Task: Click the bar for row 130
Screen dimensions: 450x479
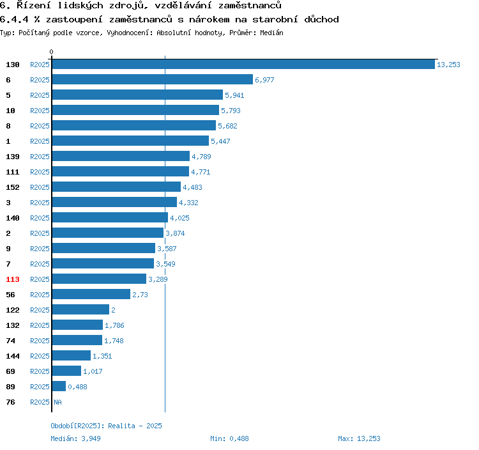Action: [x=243, y=65]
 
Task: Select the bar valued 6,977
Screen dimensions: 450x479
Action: [x=153, y=80]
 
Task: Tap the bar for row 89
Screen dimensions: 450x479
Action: [x=59, y=387]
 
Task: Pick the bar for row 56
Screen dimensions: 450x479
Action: [x=91, y=295]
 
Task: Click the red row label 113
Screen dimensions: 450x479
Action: [x=13, y=279]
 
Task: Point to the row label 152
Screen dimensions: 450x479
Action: [x=13, y=187]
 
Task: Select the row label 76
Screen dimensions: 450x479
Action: [x=10, y=402]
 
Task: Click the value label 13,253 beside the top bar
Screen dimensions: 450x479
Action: [x=448, y=65]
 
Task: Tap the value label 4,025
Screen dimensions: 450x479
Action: [x=179, y=218]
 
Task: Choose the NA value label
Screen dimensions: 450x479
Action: [x=57, y=402]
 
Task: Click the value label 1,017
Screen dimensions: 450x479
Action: [x=93, y=371]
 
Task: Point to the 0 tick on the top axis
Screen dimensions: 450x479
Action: [x=52, y=52]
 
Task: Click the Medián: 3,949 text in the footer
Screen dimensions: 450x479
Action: [x=75, y=438]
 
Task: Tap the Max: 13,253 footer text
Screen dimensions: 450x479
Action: [x=359, y=438]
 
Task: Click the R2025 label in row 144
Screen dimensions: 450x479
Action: [x=40, y=356]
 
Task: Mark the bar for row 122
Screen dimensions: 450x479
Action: [x=80, y=310]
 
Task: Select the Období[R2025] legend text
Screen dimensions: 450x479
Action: [x=77, y=426]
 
